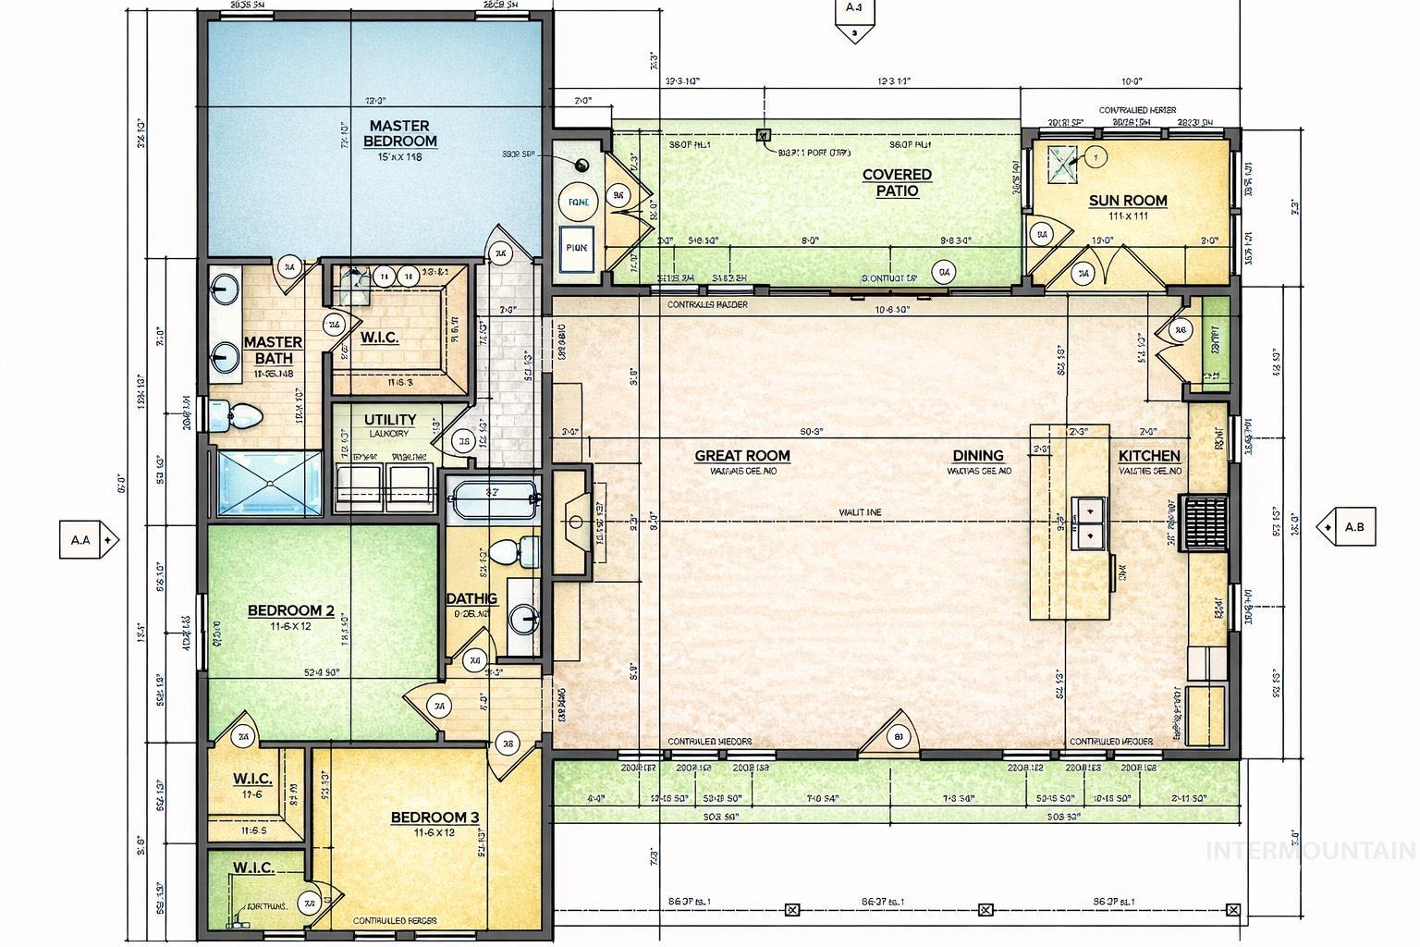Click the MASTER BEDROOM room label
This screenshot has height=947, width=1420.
(399, 133)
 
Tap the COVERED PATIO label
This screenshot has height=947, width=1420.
(897, 182)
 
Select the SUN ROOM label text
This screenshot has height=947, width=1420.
(1127, 201)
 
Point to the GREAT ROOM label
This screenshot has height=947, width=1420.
(741, 455)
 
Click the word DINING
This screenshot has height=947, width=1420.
(977, 455)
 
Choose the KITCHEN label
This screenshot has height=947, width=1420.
(1148, 455)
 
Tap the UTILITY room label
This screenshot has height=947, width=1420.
(389, 420)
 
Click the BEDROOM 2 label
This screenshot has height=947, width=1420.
(290, 610)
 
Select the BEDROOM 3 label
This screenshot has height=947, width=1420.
(435, 818)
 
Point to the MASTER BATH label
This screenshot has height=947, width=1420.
(273, 350)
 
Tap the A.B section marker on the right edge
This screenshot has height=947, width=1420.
(1347, 527)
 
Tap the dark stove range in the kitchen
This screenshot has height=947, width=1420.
(1205, 523)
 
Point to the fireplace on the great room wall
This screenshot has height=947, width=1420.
(573, 523)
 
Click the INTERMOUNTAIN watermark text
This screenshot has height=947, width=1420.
(1311, 850)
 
